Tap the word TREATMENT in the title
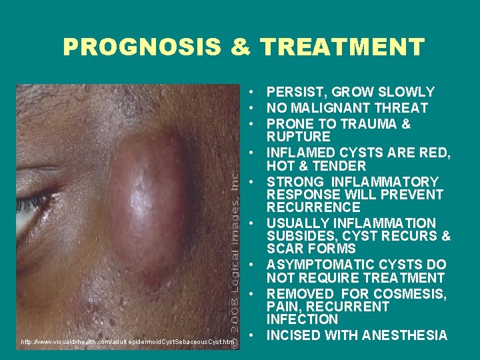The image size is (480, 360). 343,47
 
